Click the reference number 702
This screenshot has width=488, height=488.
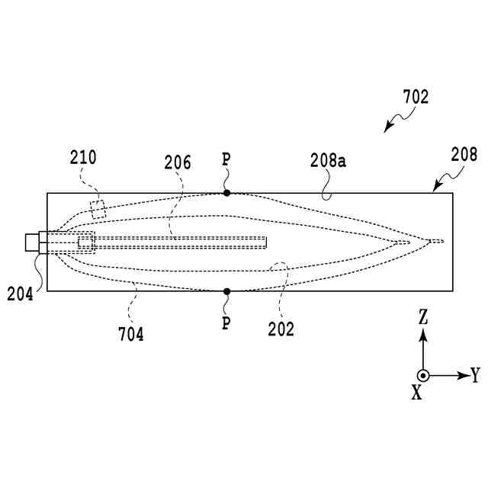[x=416, y=98]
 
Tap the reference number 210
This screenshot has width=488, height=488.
[x=83, y=159]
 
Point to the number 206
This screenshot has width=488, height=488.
[x=178, y=162]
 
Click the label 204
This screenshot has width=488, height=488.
[x=21, y=293]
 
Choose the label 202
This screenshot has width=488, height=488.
[x=281, y=329]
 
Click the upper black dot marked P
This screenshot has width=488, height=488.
[x=226, y=193]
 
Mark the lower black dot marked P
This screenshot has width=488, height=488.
[x=226, y=291]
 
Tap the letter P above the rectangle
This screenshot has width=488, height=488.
[x=226, y=160]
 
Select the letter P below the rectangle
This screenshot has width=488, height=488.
[x=226, y=323]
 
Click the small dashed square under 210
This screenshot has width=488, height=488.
[x=98, y=207]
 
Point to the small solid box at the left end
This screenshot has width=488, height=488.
[x=31, y=242]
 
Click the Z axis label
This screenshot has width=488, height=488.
[x=423, y=315]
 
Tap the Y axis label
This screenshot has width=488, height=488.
[x=475, y=374]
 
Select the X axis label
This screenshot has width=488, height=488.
[x=416, y=392]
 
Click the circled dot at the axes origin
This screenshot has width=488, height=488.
[x=423, y=375]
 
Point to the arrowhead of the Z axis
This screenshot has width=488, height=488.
[x=423, y=333]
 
